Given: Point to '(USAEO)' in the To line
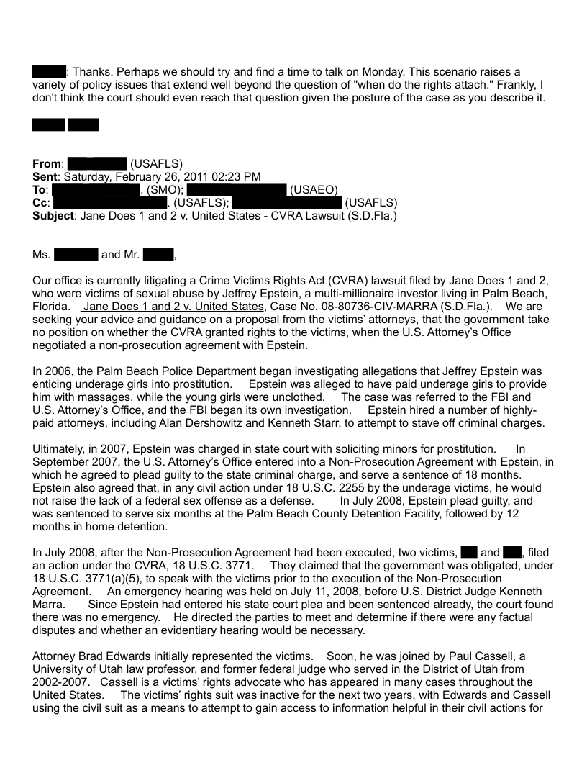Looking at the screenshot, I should (313, 190).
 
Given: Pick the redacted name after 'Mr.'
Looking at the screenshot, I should (158, 255).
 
